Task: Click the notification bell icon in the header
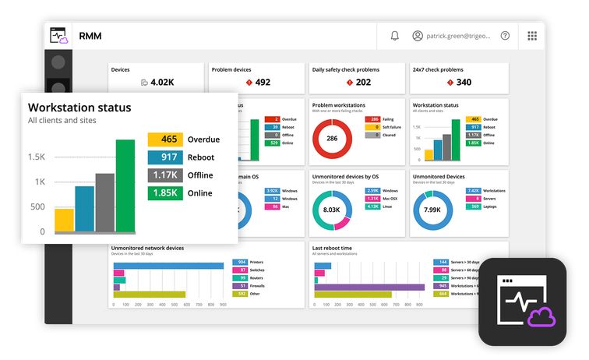coord(395,36)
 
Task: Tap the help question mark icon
coord(505,36)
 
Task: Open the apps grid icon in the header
coord(532,36)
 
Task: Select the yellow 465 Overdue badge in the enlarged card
coord(165,139)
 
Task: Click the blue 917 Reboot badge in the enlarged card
coord(165,157)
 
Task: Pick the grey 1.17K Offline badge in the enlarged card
coord(165,175)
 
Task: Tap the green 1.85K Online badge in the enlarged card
coord(165,193)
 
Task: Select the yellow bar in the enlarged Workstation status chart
coord(64,220)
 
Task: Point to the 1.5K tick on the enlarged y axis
coord(37,157)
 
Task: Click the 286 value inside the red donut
coord(331,139)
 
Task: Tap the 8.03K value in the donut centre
coord(331,210)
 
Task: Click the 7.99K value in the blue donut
coord(432,210)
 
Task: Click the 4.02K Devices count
coord(161,83)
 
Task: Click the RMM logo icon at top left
coord(59,36)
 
